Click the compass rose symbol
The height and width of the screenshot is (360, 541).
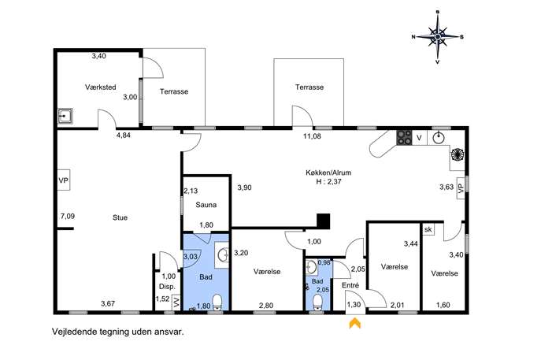438,37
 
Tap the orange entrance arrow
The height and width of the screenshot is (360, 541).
355,323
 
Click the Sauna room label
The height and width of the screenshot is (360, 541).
206,205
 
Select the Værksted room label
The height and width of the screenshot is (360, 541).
100,87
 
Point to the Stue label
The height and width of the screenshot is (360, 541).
120,217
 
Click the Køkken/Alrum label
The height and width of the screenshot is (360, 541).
328,173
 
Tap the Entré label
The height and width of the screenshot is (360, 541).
350,285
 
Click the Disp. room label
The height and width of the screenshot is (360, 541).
167,287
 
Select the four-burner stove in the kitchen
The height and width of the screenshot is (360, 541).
404,137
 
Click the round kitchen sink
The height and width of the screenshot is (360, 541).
438,138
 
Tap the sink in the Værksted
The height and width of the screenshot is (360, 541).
65,117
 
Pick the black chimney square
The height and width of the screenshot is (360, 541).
324,221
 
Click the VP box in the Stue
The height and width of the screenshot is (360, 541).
64,180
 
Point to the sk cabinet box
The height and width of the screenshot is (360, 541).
428,229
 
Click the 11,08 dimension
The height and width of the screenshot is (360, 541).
312,136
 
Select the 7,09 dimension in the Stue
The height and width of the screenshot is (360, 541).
67,217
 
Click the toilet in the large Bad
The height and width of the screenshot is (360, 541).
217,302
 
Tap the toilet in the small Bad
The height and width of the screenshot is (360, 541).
317,302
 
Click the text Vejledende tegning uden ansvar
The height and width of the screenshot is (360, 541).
117,332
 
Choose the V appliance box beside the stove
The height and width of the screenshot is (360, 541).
420,138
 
